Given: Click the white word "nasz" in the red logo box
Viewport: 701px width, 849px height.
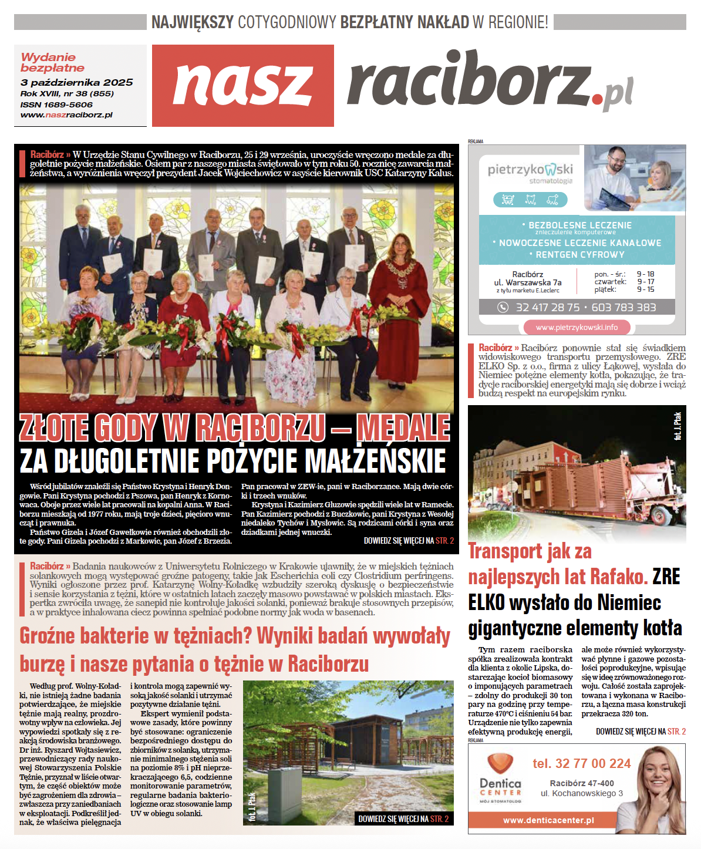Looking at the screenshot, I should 242,85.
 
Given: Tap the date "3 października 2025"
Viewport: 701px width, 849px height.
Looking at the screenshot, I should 76,83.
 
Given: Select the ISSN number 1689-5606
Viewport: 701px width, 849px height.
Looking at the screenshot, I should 56,105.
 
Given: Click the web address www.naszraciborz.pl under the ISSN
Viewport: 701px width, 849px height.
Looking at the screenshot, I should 66,115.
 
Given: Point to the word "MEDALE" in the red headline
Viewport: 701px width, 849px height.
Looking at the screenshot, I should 403,428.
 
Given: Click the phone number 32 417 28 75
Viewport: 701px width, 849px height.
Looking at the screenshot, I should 547,308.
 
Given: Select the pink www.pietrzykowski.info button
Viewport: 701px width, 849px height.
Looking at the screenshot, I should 576,327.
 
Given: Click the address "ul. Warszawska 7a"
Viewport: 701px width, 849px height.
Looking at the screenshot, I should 527,282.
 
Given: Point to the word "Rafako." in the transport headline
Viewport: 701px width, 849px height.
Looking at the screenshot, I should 619,577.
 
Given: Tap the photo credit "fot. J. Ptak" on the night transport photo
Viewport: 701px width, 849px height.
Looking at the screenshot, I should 678,426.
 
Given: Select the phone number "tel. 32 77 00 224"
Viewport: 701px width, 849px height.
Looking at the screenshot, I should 581,763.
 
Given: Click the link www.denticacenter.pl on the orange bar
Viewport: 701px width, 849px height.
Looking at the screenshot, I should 548,820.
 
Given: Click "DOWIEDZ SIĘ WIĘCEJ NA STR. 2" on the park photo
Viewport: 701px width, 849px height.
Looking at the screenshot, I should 403,819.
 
